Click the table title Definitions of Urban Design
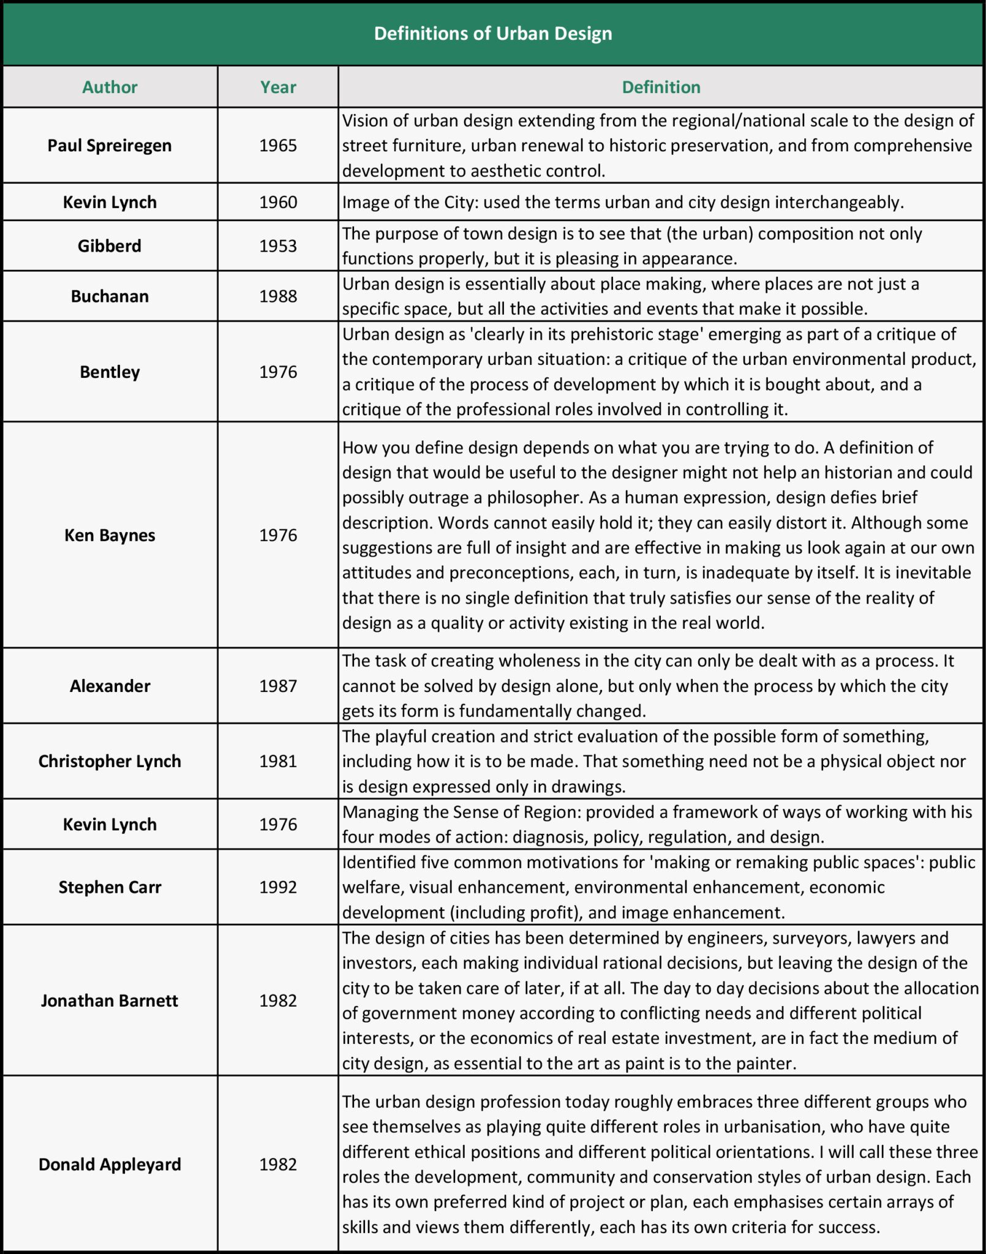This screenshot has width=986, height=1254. [493, 33]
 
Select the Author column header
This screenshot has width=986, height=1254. [110, 87]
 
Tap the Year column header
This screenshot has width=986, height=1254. [278, 87]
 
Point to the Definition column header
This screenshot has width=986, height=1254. [661, 87]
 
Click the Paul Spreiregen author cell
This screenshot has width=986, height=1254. [110, 146]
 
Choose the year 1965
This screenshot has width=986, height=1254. [278, 146]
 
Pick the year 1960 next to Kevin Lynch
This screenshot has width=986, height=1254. [278, 202]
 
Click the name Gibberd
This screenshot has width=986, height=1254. [110, 246]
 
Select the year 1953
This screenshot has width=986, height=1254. [278, 246]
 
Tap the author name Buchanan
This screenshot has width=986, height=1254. [110, 296]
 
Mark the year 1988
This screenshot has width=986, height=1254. [278, 296]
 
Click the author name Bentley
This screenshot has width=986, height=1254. [110, 372]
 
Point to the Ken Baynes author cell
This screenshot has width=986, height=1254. [110, 535]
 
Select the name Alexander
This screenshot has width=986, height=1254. [110, 686]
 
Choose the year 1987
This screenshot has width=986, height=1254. [278, 686]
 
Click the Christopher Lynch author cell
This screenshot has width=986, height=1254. [110, 761]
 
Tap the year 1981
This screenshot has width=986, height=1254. [278, 761]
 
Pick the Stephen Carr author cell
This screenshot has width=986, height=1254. [110, 887]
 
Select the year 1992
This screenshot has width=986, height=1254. [278, 887]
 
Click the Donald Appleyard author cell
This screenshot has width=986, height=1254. [110, 1164]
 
